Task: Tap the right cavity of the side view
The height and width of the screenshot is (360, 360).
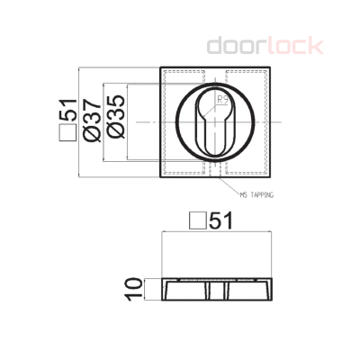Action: (x=245, y=290)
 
